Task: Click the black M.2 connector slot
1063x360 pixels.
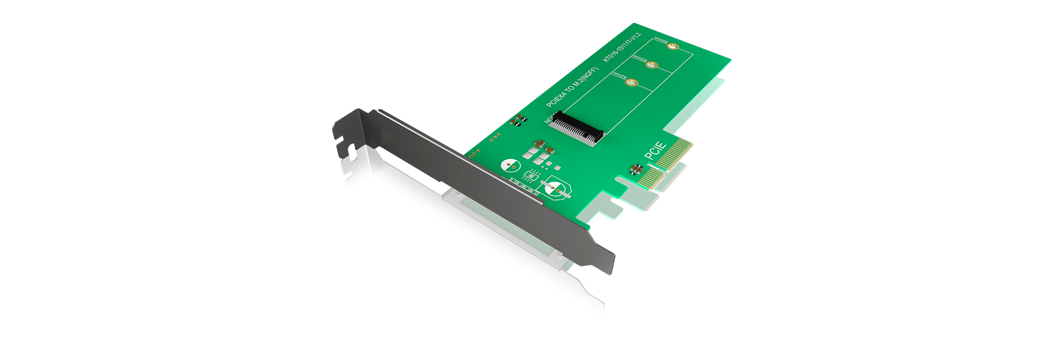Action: (x=576, y=128)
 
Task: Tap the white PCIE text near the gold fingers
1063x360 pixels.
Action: (x=656, y=150)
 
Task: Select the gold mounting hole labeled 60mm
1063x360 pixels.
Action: (x=652, y=65)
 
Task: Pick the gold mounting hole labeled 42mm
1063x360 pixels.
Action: (x=632, y=83)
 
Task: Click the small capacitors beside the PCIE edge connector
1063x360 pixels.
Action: (x=637, y=168)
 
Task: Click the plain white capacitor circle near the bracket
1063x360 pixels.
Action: (x=510, y=165)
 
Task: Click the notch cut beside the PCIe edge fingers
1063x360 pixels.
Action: (x=623, y=186)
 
